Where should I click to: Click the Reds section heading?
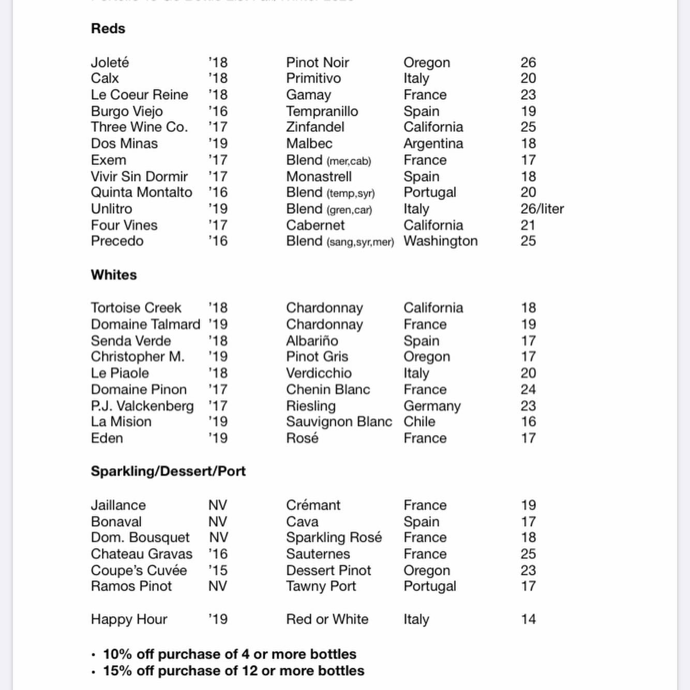click(108, 28)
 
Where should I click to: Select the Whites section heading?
click(114, 275)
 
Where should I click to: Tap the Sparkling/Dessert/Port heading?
click(168, 471)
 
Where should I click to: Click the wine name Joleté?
click(110, 63)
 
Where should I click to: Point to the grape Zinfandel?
click(315, 127)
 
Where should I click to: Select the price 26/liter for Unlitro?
click(542, 209)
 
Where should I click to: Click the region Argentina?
click(433, 144)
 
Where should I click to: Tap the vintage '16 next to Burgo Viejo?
click(218, 111)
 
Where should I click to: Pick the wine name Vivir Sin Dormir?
click(139, 176)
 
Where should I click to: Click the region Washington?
click(440, 241)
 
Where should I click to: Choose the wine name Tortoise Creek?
click(136, 308)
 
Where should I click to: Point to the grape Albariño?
click(312, 341)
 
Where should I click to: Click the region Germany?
click(432, 406)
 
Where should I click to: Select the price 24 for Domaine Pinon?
click(528, 389)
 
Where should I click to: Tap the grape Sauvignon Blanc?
click(339, 422)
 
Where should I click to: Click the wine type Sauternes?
click(318, 554)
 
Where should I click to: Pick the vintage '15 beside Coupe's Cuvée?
click(218, 571)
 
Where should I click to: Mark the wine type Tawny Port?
click(321, 587)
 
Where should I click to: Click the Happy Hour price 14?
click(528, 619)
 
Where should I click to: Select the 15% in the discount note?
click(117, 671)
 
